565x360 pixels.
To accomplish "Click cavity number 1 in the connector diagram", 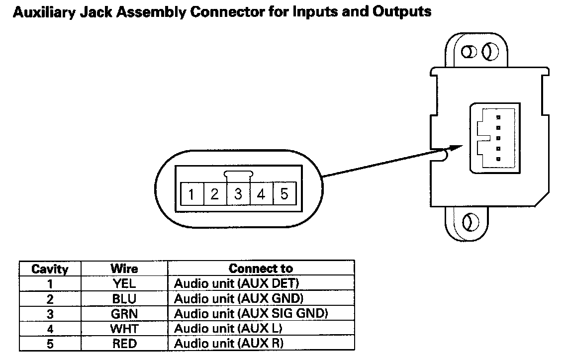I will [191, 194].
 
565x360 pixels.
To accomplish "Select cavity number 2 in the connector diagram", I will [214, 194].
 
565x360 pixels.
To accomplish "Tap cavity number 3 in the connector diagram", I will [238, 194].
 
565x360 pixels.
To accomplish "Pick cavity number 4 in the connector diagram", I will [261, 194].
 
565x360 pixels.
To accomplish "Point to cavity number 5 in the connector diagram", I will [284, 194].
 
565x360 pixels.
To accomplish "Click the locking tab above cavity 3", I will [239, 175].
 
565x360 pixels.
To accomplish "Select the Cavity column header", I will [50, 269].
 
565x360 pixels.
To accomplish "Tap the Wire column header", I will [124, 269].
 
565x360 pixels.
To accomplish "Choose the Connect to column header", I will [261, 269].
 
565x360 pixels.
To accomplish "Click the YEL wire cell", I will [124, 284].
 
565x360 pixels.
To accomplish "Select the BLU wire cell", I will [124, 299].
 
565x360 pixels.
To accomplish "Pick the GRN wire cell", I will [124, 314].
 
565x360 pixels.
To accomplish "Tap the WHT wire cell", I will [124, 329].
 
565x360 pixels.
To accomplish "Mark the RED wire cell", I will [124, 344].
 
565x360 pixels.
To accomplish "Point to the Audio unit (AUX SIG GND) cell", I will [251, 314].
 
